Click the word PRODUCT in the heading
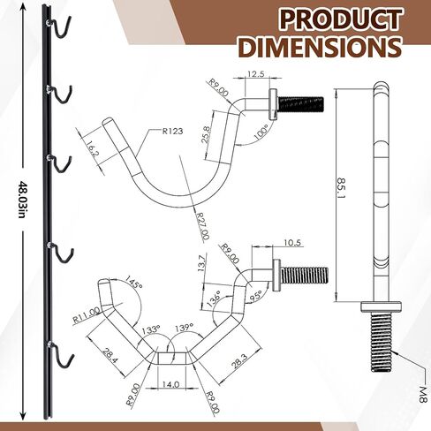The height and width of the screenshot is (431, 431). pyautogui.click(x=340, y=19)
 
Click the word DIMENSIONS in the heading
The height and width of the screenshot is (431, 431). pyautogui.click(x=321, y=47)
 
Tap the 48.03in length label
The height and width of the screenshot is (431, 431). pyautogui.click(x=21, y=200)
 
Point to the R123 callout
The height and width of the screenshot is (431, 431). pyautogui.click(x=172, y=131)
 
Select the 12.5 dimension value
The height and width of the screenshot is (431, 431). pyautogui.click(x=255, y=73)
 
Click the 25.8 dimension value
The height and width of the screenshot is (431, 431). pyautogui.click(x=207, y=134)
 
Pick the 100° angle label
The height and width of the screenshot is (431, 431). pyautogui.click(x=261, y=132)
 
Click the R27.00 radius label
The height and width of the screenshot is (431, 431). pyautogui.click(x=203, y=225)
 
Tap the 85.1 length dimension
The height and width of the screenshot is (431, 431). pyautogui.click(x=342, y=188)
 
